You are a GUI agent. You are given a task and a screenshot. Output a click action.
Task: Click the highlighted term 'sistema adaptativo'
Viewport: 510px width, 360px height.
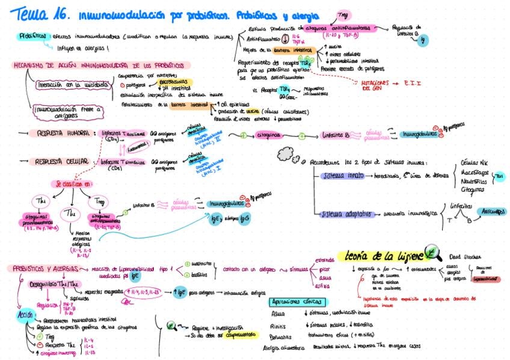(342, 213)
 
